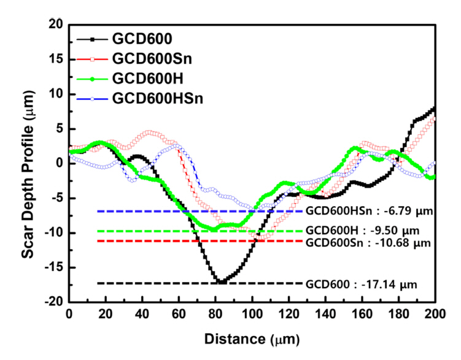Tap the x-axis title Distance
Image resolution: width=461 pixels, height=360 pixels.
tap(252, 338)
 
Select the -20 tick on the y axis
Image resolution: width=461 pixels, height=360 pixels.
tap(56, 302)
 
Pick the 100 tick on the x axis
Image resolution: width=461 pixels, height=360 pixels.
tap(252, 313)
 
